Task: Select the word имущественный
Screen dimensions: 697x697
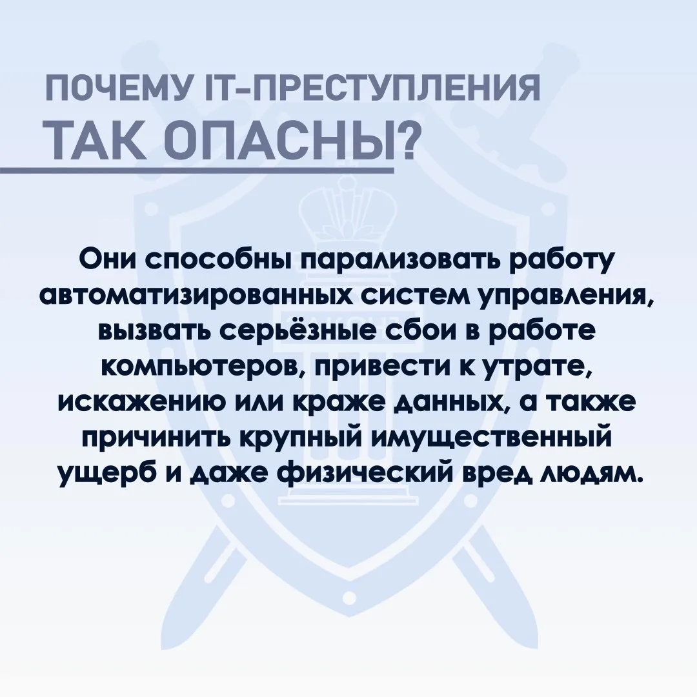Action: click(490, 440)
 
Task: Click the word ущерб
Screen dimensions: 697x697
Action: click(108, 476)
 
